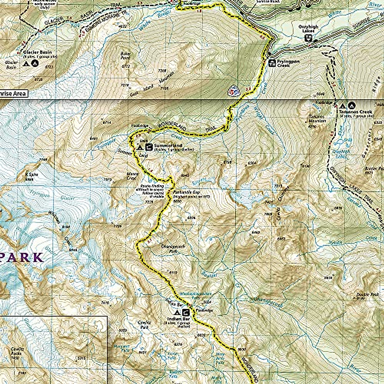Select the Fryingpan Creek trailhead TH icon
point(272,63)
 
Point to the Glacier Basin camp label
point(37,52)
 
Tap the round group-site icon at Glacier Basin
point(35,63)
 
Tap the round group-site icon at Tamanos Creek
point(352,105)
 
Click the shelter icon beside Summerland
point(148,147)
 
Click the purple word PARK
point(21,257)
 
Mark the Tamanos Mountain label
point(317,119)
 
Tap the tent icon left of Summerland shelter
point(140,148)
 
